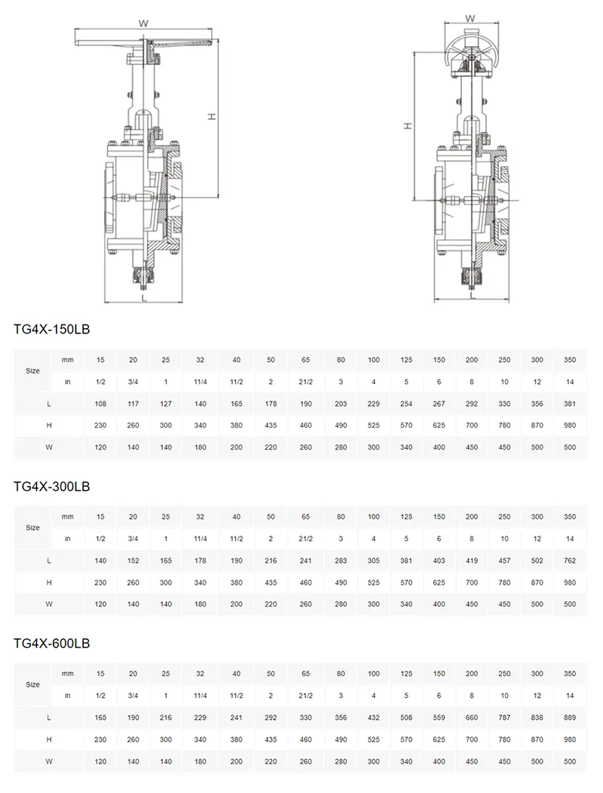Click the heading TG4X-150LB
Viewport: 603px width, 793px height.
pos(52,329)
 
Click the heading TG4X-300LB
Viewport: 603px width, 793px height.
pos(52,487)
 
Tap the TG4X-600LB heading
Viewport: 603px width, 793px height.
pos(52,644)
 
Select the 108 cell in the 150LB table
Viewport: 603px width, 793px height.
pos(100,404)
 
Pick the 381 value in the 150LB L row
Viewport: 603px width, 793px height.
pos(569,404)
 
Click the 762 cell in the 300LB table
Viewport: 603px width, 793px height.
pos(569,561)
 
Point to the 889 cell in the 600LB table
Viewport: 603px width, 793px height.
pos(569,718)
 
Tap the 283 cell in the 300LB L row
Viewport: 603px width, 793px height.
pos(341,561)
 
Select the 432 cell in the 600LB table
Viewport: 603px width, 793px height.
pos(374,718)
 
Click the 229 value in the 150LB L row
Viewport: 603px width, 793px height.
pos(374,404)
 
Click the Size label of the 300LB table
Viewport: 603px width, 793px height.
pos(32,527)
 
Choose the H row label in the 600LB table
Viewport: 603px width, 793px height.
pos(49,739)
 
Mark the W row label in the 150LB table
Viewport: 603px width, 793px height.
pos(49,447)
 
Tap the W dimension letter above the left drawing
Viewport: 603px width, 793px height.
pos(142,23)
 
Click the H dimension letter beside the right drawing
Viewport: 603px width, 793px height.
pos(408,126)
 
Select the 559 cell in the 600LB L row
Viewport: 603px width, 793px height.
pos(439,718)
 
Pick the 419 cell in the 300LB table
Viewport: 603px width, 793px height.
pos(471,561)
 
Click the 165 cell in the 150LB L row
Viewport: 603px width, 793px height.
pos(236,404)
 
